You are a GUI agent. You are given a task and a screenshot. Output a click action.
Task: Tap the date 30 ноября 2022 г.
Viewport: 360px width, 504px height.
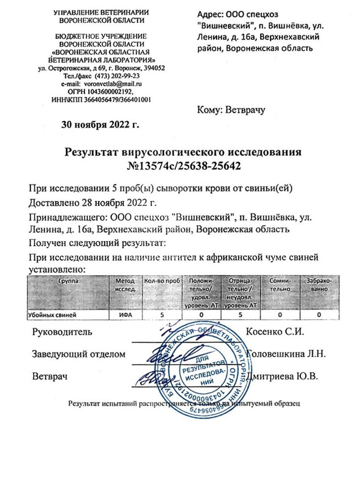tap(101, 124)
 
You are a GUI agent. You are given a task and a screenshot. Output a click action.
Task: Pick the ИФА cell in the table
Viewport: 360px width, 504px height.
tap(123, 316)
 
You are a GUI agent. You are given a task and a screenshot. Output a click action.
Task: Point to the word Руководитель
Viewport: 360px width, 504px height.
tap(62, 331)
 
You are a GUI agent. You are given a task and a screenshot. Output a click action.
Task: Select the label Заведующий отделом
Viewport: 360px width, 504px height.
tap(79, 354)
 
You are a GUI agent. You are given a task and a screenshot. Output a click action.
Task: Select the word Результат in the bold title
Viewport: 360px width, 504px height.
tap(92, 153)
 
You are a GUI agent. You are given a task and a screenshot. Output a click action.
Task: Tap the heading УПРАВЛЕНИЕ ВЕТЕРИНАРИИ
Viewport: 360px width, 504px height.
tap(101, 12)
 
